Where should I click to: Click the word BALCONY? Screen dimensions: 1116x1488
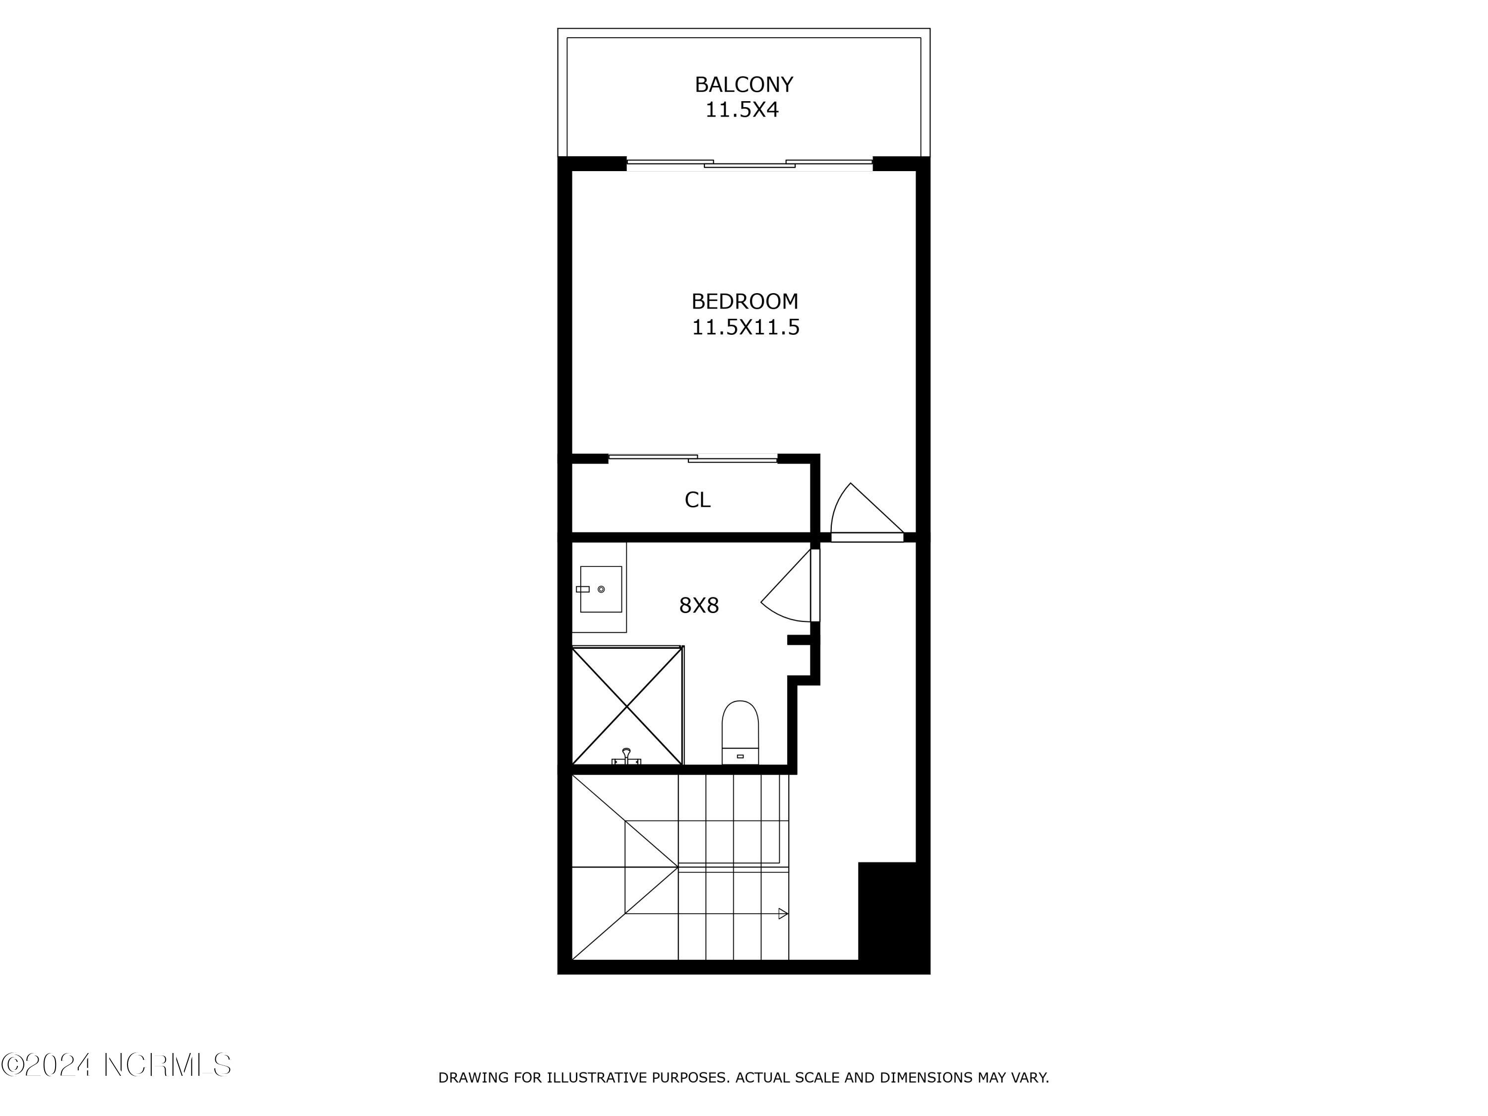pyautogui.click(x=744, y=85)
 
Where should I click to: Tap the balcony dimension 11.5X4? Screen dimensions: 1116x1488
pyautogui.click(x=742, y=110)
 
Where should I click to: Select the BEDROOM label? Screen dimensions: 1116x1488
pyautogui.click(x=744, y=302)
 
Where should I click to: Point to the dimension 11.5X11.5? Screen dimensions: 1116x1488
pyautogui.click(x=745, y=327)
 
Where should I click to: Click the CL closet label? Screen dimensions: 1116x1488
pyautogui.click(x=697, y=500)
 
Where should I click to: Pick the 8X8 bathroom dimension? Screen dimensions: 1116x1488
pyautogui.click(x=699, y=606)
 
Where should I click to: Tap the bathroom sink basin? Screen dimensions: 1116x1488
pyautogui.click(x=601, y=589)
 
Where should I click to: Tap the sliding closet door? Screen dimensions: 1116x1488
pyautogui.click(x=693, y=459)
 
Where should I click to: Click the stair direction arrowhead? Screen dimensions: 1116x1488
pyautogui.click(x=783, y=914)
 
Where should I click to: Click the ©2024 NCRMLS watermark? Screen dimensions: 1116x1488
pyautogui.click(x=116, y=1065)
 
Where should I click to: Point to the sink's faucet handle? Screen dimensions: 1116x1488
pyautogui.click(x=583, y=589)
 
